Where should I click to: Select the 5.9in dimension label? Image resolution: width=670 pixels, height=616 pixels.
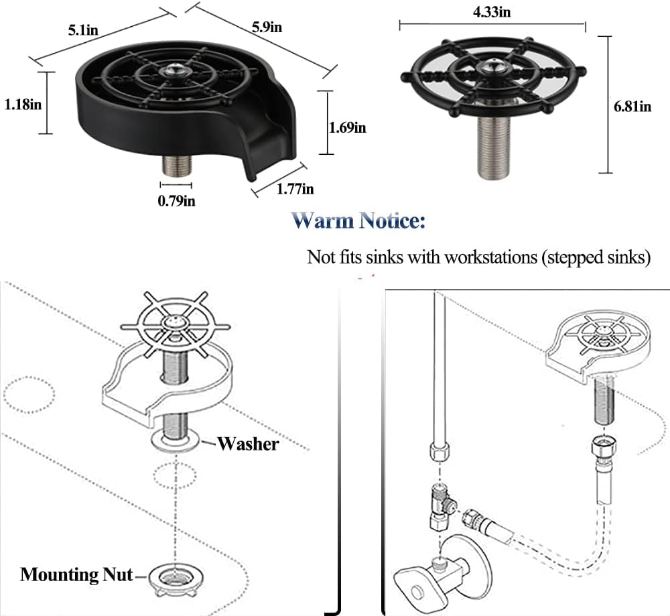click(x=267, y=27)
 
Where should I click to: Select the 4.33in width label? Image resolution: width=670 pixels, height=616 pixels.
click(x=492, y=11)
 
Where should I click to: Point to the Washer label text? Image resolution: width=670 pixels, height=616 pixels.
click(x=248, y=443)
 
